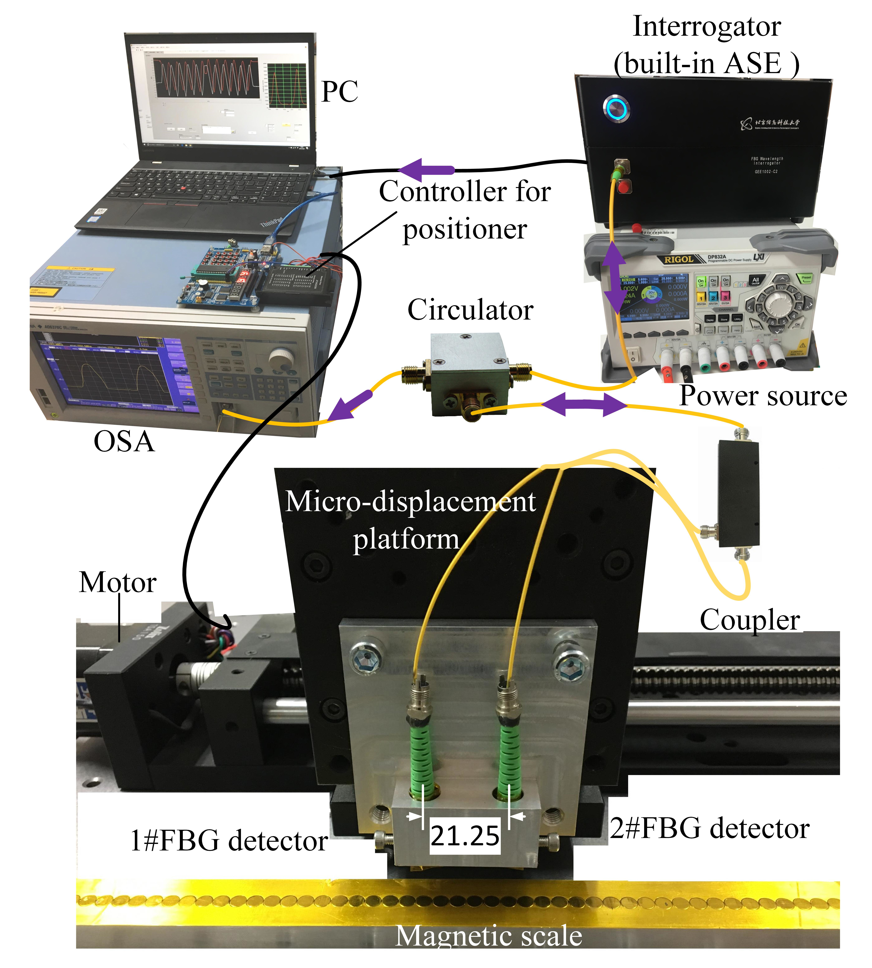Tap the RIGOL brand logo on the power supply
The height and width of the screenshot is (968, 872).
(678, 259)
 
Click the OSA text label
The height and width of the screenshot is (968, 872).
(124, 441)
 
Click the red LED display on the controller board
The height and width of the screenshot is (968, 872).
(245, 276)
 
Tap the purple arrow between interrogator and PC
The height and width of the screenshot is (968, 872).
(426, 169)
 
